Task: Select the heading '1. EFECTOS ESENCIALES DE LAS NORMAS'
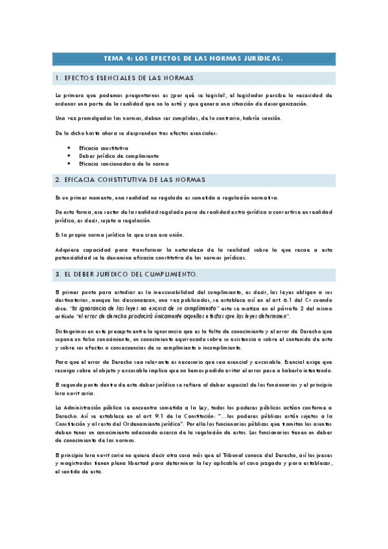(124, 78)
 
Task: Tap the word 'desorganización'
(286, 104)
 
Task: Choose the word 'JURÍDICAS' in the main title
(262, 58)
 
